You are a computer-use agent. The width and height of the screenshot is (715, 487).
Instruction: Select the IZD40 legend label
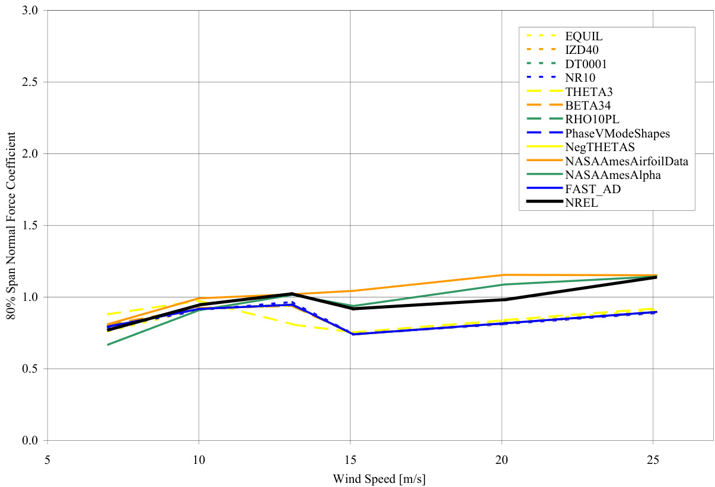(581, 50)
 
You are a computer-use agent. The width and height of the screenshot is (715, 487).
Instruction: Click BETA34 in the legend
(585, 105)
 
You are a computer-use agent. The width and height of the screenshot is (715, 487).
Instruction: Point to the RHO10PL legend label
(588, 119)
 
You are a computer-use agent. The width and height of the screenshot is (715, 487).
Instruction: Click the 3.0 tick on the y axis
(31, 11)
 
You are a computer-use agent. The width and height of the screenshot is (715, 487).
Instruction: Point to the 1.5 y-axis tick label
(31, 226)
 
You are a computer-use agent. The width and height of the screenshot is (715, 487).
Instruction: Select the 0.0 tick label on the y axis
(31, 441)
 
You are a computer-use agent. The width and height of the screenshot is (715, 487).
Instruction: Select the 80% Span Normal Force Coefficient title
(11, 226)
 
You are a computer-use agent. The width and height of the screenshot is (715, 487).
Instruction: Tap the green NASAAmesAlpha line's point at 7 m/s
(108, 345)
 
